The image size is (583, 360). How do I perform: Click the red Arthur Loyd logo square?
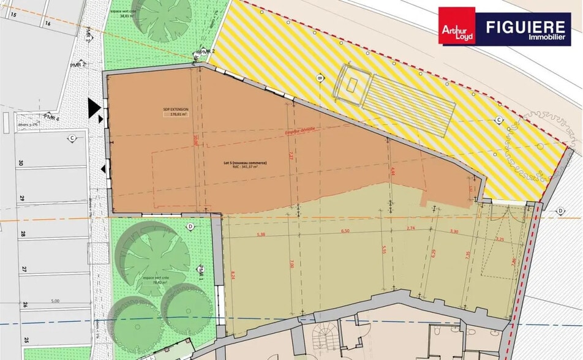click(x=457, y=26)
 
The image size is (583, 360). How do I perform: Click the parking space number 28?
click(x=23, y=234)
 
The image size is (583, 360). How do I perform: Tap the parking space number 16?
click(x=47, y=23)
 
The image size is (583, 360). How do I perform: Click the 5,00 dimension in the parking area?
click(x=55, y=301)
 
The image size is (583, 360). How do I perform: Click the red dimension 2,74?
click(x=410, y=229)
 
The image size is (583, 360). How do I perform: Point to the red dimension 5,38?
click(x=261, y=234)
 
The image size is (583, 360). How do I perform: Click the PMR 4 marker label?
click(x=51, y=117)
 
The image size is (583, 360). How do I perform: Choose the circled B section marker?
click(x=319, y=78)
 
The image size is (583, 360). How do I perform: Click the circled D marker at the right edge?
click(x=560, y=211)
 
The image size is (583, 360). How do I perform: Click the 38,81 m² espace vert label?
click(x=127, y=16)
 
